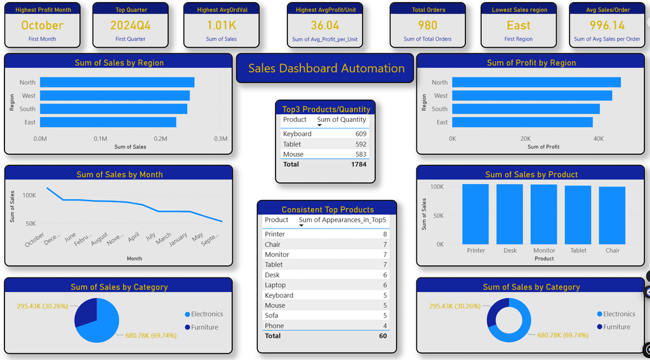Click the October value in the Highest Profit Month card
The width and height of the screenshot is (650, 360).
point(42,25)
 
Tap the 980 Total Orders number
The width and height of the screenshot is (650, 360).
point(427,25)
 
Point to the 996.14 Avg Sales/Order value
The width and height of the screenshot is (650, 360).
point(607,25)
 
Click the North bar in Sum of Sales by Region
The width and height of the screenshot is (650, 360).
point(117,83)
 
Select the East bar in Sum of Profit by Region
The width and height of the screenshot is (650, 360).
point(522,122)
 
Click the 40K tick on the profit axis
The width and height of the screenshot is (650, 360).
point(599,138)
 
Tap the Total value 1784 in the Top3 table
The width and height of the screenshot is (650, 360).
point(358,164)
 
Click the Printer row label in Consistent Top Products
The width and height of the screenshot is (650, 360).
point(275,234)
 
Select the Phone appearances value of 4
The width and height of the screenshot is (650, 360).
point(385,326)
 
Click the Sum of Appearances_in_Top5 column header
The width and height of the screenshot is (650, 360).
point(342,220)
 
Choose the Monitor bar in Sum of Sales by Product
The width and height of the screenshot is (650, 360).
point(544,214)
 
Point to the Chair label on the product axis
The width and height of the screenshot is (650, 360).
point(612,251)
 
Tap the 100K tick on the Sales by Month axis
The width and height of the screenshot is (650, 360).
point(29,195)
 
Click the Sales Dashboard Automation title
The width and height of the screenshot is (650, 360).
point(326,69)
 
